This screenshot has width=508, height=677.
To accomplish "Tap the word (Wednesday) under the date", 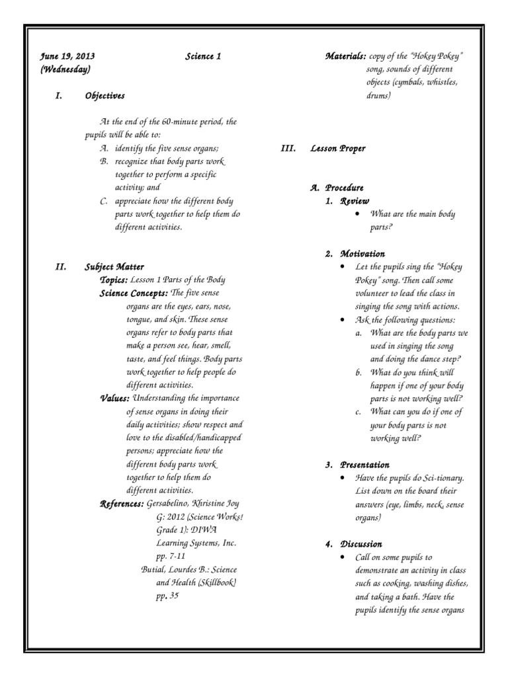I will [x=65, y=69].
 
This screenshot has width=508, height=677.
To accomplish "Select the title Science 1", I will [x=203, y=57].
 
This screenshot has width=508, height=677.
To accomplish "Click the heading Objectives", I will [x=105, y=96].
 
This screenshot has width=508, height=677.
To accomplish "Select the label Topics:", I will [x=114, y=280].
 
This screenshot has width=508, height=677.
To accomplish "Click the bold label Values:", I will [x=114, y=398].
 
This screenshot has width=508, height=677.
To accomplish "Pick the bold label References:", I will [x=121, y=504].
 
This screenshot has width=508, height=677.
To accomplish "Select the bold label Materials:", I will [x=345, y=57].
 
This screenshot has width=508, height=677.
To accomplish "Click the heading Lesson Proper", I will [x=337, y=149].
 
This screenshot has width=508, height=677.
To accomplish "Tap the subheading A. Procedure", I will [x=337, y=188].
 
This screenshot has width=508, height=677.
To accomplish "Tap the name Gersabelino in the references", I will [x=171, y=504].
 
